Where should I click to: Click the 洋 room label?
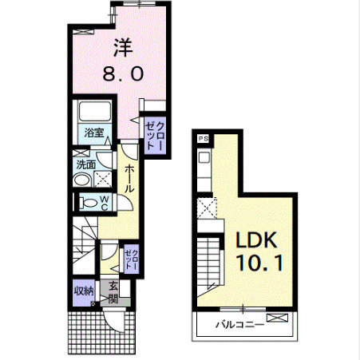point(123,48)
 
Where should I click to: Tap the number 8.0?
point(123,73)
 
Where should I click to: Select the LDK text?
point(256,239)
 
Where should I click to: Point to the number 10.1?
point(259,263)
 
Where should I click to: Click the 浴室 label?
point(94,133)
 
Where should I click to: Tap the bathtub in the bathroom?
point(95,111)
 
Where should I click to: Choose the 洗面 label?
point(86,165)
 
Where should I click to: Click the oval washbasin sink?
point(81,180)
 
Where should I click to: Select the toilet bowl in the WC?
point(89,203)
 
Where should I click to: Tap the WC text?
point(105,203)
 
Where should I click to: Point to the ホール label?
point(129,178)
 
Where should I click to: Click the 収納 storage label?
point(84,291)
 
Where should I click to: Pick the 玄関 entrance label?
point(113,293)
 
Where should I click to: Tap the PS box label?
point(204,139)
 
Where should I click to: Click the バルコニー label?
point(239,325)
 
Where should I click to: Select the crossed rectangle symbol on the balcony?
point(278,318)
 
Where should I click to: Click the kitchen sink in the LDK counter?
point(204,158)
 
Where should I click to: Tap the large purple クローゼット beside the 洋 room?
point(155,136)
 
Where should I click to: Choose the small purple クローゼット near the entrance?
point(131,259)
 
